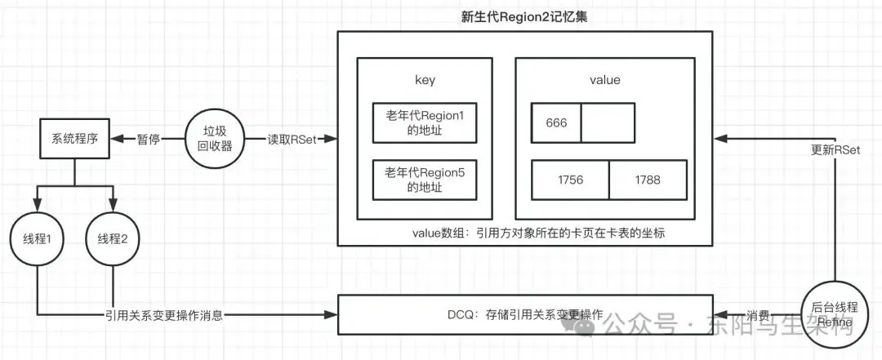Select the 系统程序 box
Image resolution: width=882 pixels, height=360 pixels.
pyautogui.click(x=74, y=139)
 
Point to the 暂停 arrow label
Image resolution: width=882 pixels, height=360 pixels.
pyautogui.click(x=149, y=140)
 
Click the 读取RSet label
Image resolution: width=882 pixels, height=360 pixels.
pyautogui.click(x=292, y=140)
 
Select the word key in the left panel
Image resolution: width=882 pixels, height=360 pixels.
pyautogui.click(x=425, y=80)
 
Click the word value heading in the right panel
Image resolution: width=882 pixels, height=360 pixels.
pyautogui.click(x=604, y=80)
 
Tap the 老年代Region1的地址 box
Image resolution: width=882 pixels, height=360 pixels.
pyautogui.click(x=425, y=122)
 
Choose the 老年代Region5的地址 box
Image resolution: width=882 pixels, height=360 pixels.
pyautogui.click(x=425, y=180)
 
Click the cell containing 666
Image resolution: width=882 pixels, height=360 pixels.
pyautogui.click(x=555, y=122)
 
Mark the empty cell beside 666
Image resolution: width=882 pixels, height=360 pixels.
pyautogui.click(x=608, y=122)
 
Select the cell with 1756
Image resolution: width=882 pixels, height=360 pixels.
pyautogui.click(x=570, y=180)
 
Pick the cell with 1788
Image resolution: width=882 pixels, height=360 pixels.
pyautogui.click(x=648, y=180)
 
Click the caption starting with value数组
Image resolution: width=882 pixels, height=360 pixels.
pyautogui.click(x=539, y=233)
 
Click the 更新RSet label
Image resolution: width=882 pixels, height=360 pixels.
pyautogui.click(x=835, y=151)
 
